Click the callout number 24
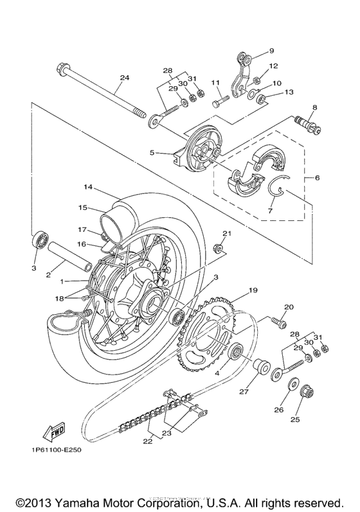click(x=124, y=78)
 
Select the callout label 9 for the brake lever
click(x=271, y=51)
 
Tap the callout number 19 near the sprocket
click(x=253, y=290)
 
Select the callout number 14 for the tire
click(x=88, y=187)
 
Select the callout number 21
click(x=226, y=233)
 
